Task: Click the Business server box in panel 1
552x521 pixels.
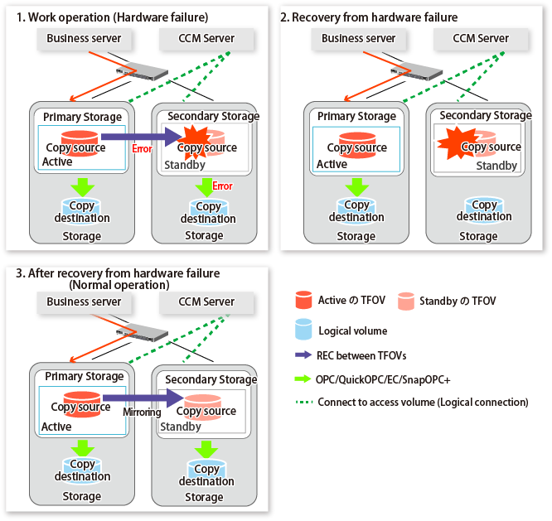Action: click(x=84, y=38)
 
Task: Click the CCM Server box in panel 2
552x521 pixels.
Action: click(x=481, y=38)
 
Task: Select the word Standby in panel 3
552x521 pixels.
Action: click(x=181, y=427)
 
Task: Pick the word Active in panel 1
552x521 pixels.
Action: click(x=58, y=162)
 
